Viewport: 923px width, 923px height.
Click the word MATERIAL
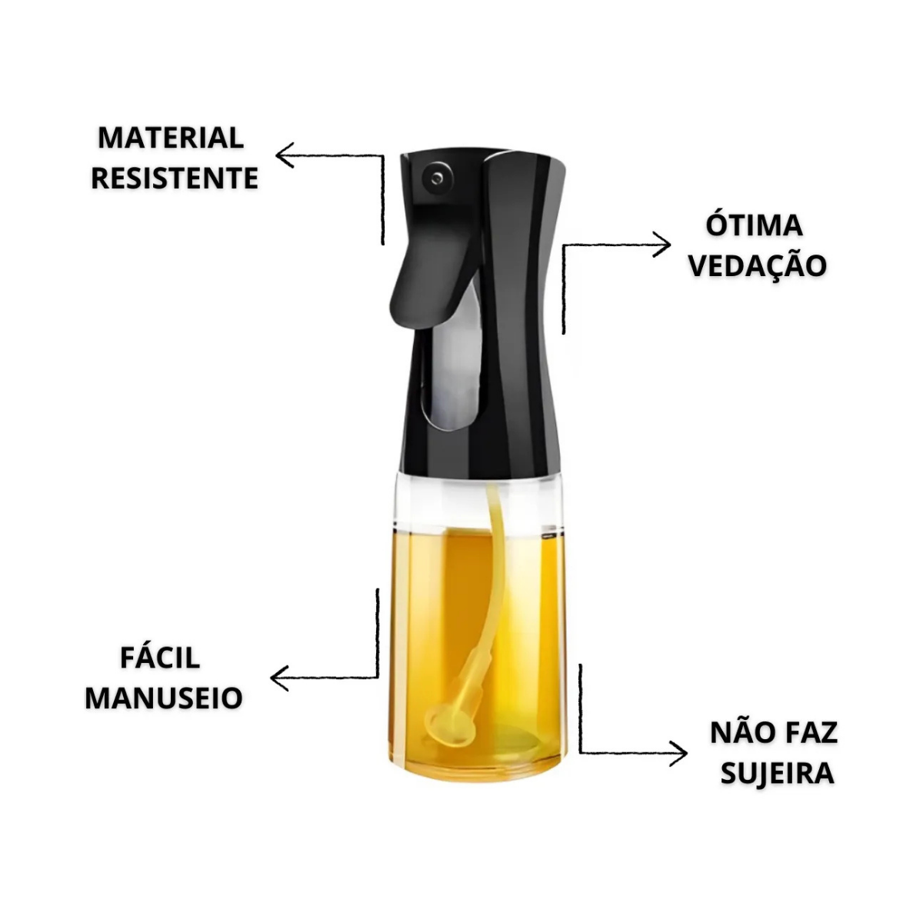171,138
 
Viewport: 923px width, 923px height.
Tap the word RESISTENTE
175,178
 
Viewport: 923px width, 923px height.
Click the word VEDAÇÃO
758,267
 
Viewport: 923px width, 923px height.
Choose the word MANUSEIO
164,698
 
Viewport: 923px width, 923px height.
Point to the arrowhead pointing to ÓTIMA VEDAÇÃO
663,245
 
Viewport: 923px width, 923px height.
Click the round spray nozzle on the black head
435,179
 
